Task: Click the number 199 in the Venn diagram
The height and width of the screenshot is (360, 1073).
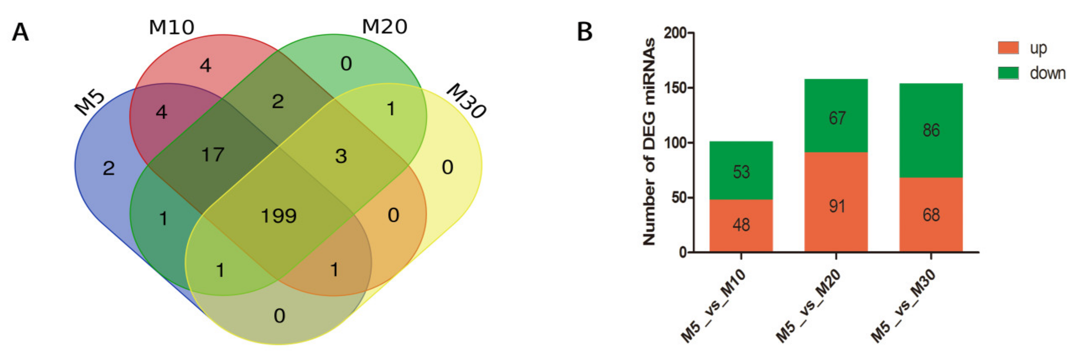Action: [x=278, y=216]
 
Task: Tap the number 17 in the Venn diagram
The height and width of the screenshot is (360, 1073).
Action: [x=213, y=154]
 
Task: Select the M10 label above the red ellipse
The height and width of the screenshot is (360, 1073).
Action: [x=171, y=27]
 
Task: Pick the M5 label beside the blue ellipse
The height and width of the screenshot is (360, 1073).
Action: [x=90, y=102]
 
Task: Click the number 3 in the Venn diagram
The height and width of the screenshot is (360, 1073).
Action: [x=341, y=156]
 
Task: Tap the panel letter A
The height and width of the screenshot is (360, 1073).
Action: [x=20, y=32]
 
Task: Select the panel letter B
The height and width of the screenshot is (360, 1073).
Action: [x=584, y=32]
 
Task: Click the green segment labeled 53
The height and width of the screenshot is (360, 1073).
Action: [x=741, y=171]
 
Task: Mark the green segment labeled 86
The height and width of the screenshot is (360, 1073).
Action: [x=931, y=130]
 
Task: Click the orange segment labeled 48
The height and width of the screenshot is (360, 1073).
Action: [x=741, y=225]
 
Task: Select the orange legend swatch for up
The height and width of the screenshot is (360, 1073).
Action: [x=1008, y=47]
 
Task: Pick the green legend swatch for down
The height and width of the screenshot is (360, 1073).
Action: [x=1008, y=73]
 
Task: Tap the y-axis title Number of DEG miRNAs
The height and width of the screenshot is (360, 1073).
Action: [x=649, y=142]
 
